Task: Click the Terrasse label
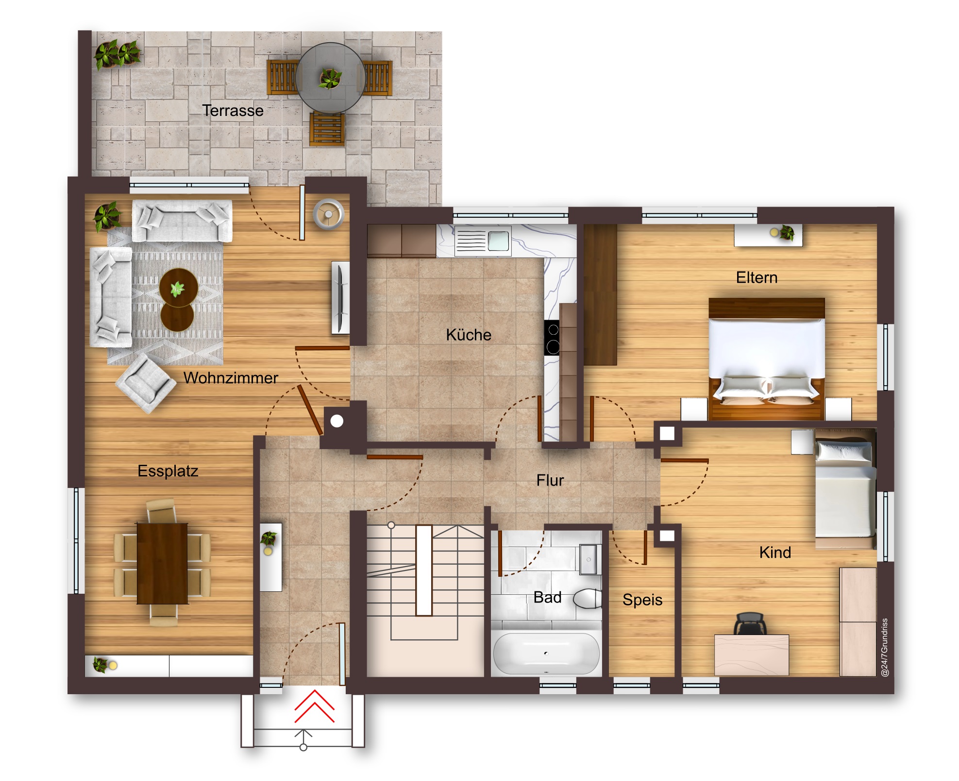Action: tap(233, 111)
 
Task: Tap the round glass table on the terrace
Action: tap(330, 78)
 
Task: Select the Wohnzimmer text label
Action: tap(231, 378)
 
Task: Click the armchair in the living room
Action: tap(145, 383)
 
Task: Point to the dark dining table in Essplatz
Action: tap(162, 563)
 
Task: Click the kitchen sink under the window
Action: tap(483, 241)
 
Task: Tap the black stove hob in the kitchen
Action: tap(552, 338)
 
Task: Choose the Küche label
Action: tap(469, 335)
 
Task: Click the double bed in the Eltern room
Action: tap(767, 359)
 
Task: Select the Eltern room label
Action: tap(757, 277)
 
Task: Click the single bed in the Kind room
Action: tap(845, 493)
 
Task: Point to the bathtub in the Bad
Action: tap(546, 653)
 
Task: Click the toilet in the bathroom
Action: tap(588, 598)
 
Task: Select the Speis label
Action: tap(642, 600)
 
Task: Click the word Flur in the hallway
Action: tap(550, 480)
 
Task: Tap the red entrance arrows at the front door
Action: tap(315, 707)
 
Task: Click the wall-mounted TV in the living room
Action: tap(340, 297)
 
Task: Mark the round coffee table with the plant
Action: tap(178, 288)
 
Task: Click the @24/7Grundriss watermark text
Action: tap(885, 648)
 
